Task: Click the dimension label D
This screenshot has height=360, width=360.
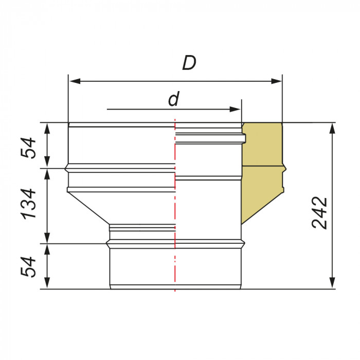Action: tap(189, 63)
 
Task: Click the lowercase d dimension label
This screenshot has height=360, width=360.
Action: tap(174, 99)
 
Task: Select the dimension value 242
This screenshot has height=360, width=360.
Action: tap(319, 212)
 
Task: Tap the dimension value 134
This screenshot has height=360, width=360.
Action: tap(28, 204)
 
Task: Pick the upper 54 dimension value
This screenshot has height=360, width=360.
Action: tap(28, 148)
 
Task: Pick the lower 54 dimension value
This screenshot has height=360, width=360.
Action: tap(28, 267)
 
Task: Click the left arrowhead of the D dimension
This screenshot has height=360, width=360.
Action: tap(75, 81)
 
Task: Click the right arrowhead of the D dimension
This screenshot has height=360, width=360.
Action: tap(276, 81)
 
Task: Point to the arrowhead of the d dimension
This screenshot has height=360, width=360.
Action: tap(235, 109)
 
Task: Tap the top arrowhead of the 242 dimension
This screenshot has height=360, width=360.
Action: tap(332, 128)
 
